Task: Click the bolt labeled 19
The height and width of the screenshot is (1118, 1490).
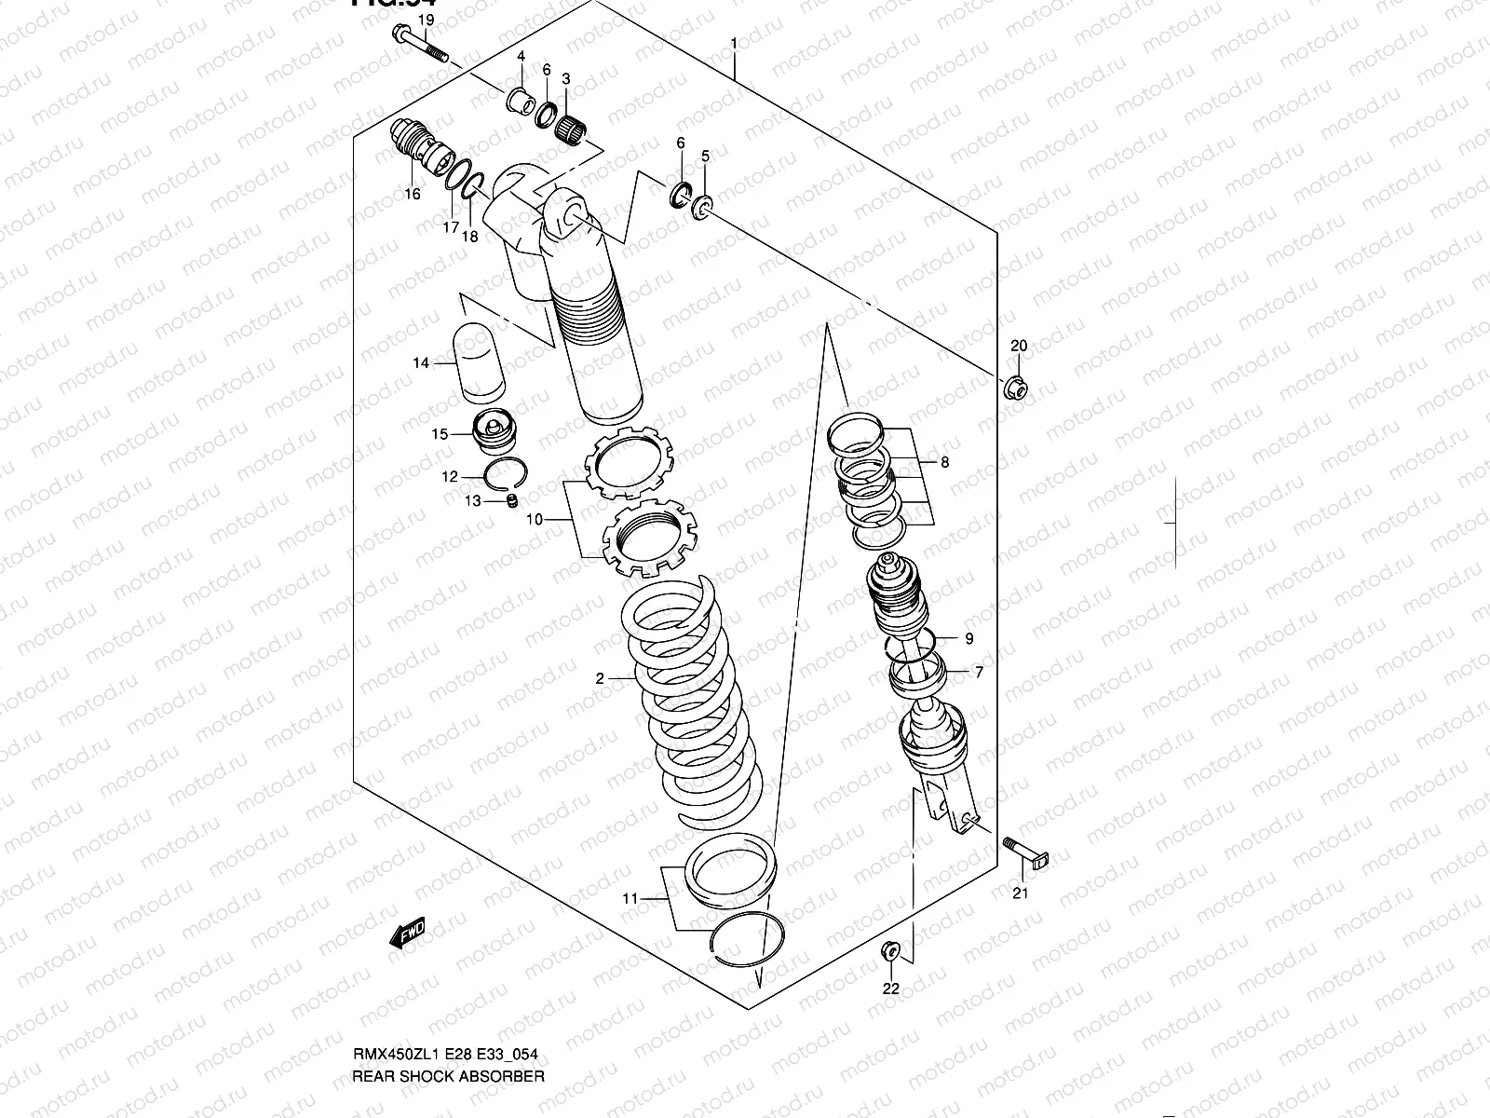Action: pos(420,45)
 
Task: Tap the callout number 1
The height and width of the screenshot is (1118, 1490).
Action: pos(734,44)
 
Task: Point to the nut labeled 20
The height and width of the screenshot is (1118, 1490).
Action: pos(1016,386)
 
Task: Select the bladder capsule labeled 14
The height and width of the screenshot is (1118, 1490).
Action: pos(478,362)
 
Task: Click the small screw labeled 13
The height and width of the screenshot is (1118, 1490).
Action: pos(510,502)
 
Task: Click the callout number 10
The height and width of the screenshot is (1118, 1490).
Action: pos(534,519)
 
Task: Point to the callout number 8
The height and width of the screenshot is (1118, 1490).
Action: pos(944,462)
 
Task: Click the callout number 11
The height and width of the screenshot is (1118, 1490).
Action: pos(630,898)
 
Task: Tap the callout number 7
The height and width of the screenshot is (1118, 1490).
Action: pos(978,671)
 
